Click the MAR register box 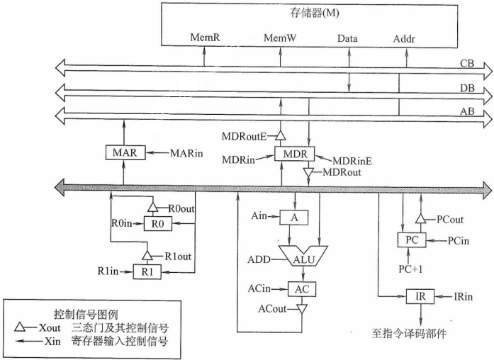click(x=124, y=152)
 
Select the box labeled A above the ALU click(x=294, y=218)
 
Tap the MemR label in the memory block click(x=205, y=37)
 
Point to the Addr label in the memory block click(x=405, y=37)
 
